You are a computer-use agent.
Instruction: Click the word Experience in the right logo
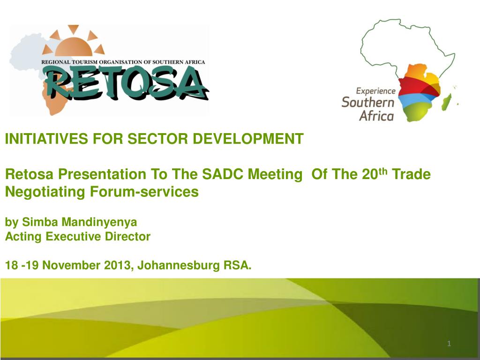375,91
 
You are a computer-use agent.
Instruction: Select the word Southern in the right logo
368,102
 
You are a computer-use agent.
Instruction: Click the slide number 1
449,345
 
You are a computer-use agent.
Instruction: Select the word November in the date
72,266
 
